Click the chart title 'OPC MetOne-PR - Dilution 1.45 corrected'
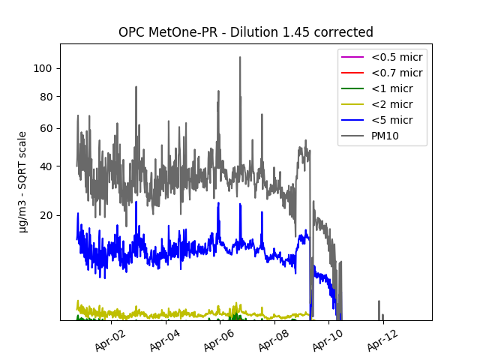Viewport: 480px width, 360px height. [245, 32]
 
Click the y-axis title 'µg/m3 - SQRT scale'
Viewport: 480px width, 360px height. [23, 181]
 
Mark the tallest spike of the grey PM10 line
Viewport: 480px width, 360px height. [240, 58]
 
